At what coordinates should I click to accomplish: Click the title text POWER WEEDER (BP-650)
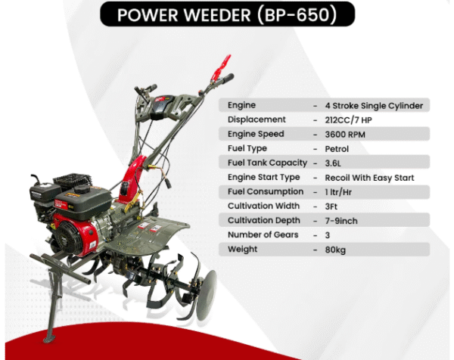click(226, 14)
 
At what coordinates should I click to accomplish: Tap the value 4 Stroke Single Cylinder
click(368, 105)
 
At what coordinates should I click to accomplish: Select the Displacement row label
click(257, 119)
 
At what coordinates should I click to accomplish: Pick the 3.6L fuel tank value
click(332, 163)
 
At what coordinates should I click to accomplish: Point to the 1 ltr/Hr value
click(338, 191)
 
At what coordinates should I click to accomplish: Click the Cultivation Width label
click(263, 206)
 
